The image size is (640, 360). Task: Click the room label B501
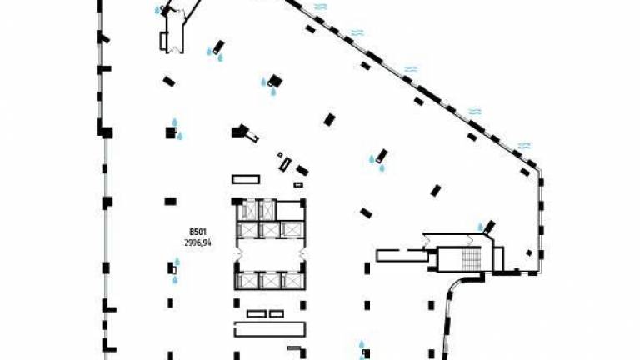(x=198, y=232)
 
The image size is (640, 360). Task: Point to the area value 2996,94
(x=198, y=242)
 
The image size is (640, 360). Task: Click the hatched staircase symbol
(x=471, y=259)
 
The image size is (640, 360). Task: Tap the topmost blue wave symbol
(x=320, y=7)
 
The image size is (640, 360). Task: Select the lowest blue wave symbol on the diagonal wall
(x=524, y=146)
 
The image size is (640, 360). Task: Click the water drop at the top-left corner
(x=157, y=10)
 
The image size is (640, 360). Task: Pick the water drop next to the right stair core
(x=480, y=227)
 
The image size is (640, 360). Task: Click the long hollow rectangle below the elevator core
(x=270, y=329)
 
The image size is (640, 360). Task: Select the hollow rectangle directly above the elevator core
(x=246, y=180)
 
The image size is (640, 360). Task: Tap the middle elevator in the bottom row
(x=270, y=281)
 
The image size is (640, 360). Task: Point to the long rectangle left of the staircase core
(x=402, y=256)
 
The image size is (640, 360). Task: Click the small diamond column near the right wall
(x=529, y=253)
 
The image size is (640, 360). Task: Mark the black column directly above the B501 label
(x=171, y=201)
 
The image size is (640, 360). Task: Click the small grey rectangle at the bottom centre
(x=294, y=348)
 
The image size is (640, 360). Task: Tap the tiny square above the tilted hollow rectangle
(x=280, y=155)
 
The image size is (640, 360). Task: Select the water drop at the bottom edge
(x=362, y=344)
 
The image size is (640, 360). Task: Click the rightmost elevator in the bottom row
(x=292, y=281)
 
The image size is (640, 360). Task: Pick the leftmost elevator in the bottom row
(x=247, y=281)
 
